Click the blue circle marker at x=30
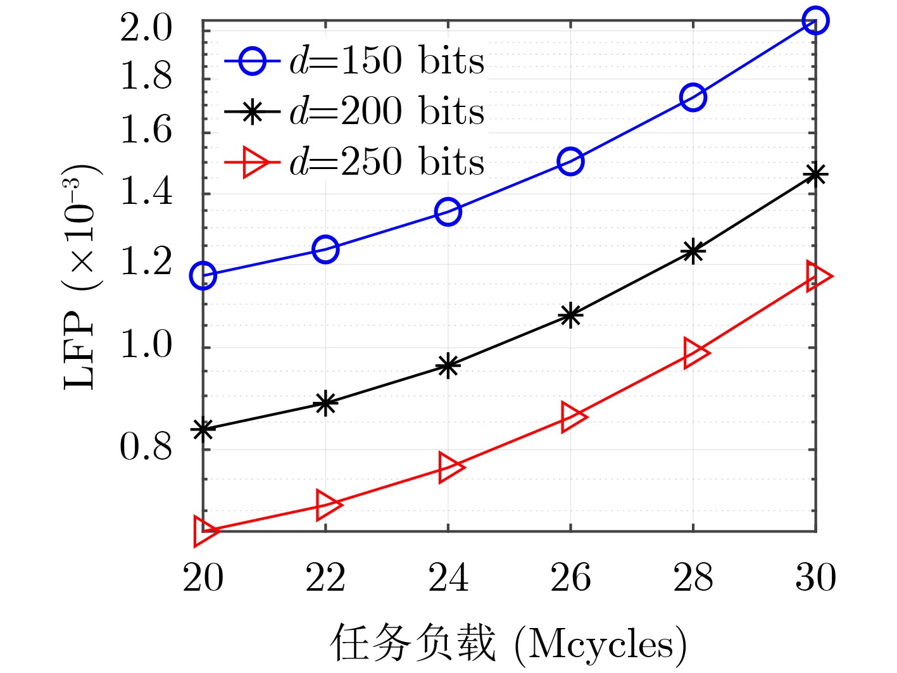tap(815, 21)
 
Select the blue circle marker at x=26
tap(570, 161)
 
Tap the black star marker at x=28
tap(693, 251)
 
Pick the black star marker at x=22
tap(325, 402)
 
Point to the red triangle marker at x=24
tap(449, 468)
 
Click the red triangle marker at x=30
tap(817, 276)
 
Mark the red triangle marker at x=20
tap(204, 531)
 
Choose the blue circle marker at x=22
tap(325, 249)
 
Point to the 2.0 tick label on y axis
tap(146, 29)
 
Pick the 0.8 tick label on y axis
tap(146, 448)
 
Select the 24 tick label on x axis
tap(448, 578)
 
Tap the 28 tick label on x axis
tap(693, 578)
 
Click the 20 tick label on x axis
tap(203, 578)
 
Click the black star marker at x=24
tap(448, 365)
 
